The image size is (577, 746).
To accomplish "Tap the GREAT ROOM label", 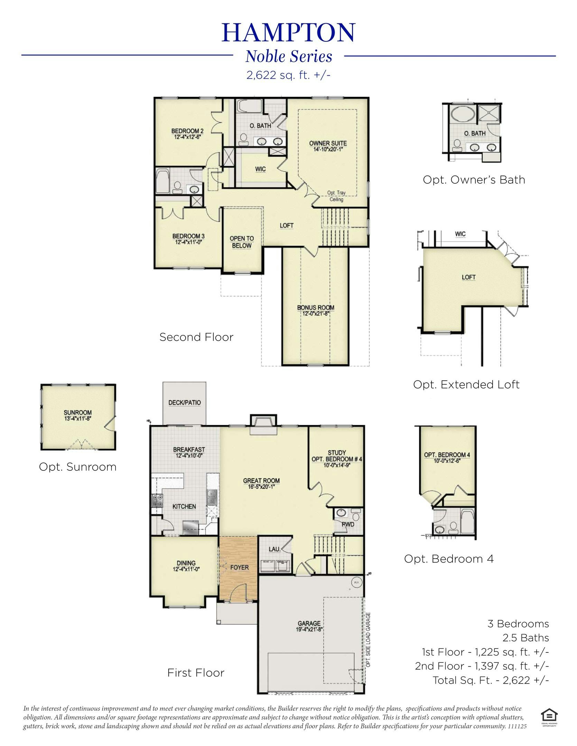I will point(261,480).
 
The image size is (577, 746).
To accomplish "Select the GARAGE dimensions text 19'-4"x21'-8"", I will point(309,629).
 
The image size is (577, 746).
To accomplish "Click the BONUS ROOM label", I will point(316,307).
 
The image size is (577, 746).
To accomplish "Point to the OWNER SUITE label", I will point(328,143).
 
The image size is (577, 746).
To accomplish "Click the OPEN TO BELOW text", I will point(242,242).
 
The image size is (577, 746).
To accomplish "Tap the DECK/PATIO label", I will point(184,402).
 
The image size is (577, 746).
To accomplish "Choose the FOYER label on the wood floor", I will point(239,567).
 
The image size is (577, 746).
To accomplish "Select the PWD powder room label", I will point(348,524).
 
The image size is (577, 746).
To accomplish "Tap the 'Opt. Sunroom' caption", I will point(77,467).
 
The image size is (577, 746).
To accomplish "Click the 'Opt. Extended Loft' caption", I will point(466,384).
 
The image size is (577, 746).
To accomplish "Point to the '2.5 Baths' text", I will point(525,637).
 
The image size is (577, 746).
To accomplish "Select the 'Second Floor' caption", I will point(196,337).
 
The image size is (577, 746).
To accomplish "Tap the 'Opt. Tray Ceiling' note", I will point(336,196).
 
